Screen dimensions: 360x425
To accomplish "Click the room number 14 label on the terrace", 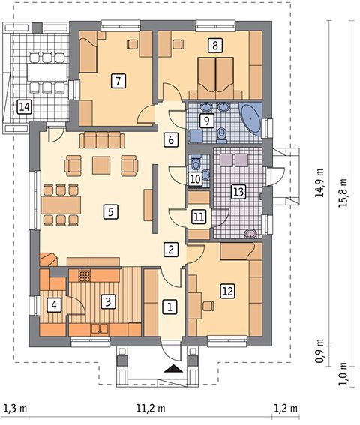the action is (24, 107).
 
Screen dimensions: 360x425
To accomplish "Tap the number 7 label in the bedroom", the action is (118, 81).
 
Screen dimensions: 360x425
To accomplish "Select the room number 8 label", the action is (214, 45).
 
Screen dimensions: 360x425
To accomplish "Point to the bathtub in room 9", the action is (251, 118).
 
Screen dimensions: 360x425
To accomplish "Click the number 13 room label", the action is (238, 192).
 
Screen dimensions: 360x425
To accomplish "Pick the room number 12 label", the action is (228, 291).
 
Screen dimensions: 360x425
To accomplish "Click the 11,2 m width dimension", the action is (151, 408).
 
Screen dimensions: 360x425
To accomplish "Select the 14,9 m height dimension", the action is (319, 183).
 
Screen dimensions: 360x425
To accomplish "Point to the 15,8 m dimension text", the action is (343, 193).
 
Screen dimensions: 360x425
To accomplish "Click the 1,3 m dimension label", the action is (16, 408).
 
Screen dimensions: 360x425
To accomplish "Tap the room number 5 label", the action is (111, 211).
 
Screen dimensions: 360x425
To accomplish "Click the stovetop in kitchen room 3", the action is (85, 276).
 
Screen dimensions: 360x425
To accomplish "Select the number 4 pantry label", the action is (54, 305).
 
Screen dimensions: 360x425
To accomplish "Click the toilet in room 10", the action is (195, 163).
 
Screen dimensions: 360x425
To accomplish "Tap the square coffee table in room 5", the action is (101, 165).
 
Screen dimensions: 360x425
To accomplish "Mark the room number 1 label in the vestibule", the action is (170, 307).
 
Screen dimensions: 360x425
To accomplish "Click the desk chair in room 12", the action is (208, 306).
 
